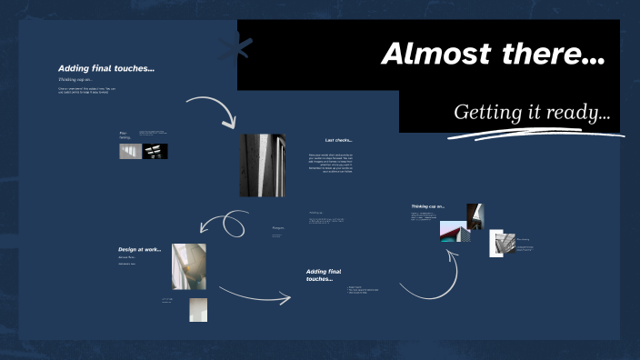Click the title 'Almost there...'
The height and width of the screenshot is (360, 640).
pyautogui.click(x=493, y=55)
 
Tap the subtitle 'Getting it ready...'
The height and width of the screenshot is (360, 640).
pyautogui.click(x=531, y=113)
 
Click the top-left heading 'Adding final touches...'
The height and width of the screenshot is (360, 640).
pyautogui.click(x=105, y=68)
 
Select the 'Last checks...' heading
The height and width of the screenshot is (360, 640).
pyautogui.click(x=338, y=140)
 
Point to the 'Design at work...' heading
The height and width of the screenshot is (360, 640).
pyautogui.click(x=139, y=249)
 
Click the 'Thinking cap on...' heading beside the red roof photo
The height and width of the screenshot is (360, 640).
pyautogui.click(x=427, y=206)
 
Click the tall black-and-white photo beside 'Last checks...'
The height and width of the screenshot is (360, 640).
pyautogui.click(x=262, y=165)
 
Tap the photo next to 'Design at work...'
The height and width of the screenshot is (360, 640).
pyautogui.click(x=189, y=265)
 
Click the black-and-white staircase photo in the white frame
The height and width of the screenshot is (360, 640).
pyautogui.click(x=502, y=243)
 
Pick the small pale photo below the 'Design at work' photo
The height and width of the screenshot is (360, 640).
pyautogui.click(x=197, y=309)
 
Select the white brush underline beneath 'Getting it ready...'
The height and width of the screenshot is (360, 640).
pyautogui.click(x=536, y=135)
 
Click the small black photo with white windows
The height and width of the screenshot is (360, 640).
pyautogui.click(x=155, y=152)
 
